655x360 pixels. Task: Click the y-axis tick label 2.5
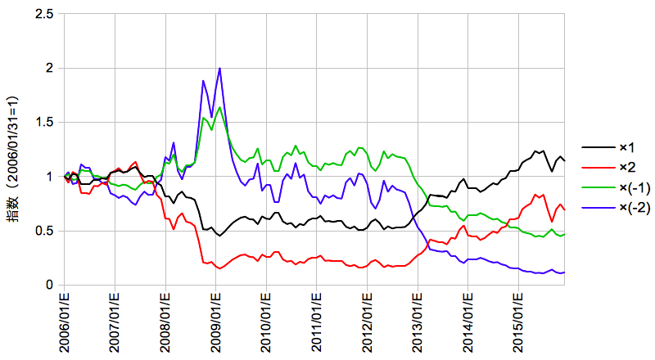click(x=45, y=14)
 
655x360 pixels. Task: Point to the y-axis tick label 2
click(x=51, y=68)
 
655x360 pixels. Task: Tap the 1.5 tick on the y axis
click(x=45, y=122)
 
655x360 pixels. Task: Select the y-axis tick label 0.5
click(x=45, y=231)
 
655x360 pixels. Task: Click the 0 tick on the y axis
click(x=51, y=285)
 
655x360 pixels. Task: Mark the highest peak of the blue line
click(x=219, y=69)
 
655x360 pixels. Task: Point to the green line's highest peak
click(x=219, y=107)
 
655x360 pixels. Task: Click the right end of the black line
click(x=565, y=160)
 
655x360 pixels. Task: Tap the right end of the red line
click(x=565, y=210)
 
